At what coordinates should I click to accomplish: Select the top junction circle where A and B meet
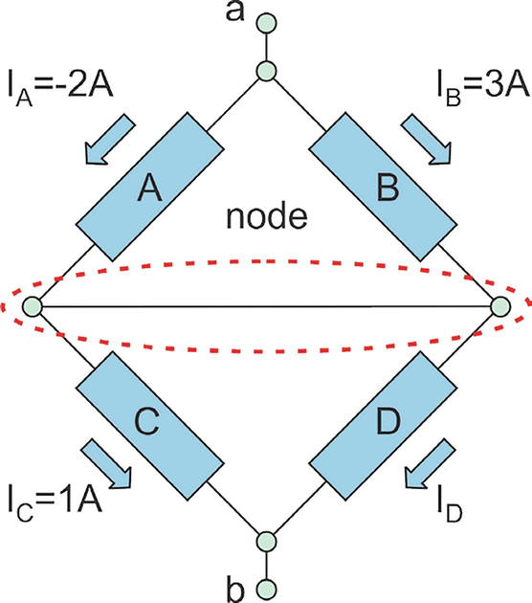[266, 71]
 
